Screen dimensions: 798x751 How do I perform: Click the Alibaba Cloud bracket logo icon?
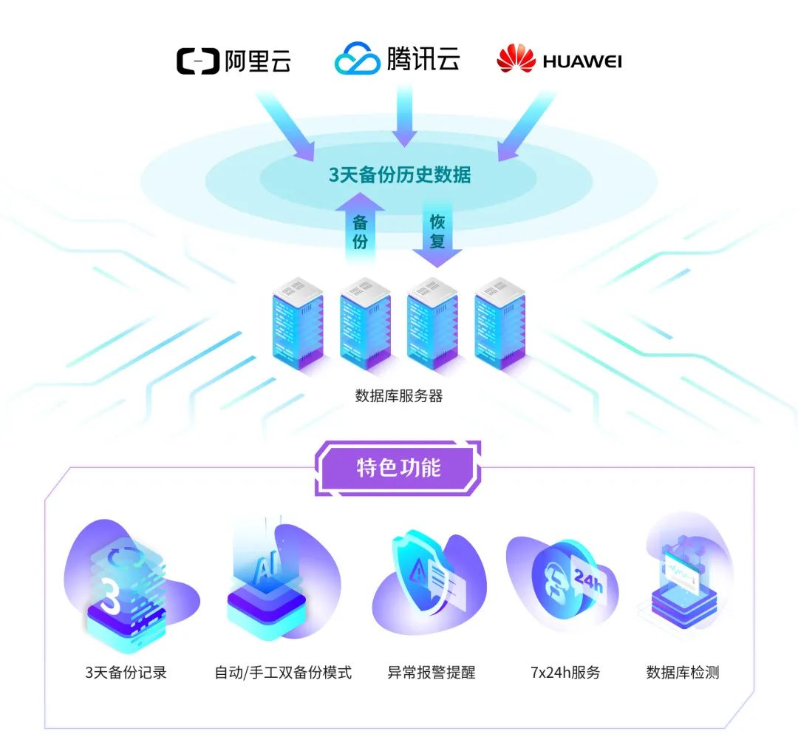pyautogui.click(x=197, y=61)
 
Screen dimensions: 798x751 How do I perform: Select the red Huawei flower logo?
pyautogui.click(x=516, y=58)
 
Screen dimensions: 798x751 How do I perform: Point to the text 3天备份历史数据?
pyautogui.click(x=400, y=174)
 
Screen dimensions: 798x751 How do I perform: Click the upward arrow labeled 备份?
pyautogui.click(x=360, y=228)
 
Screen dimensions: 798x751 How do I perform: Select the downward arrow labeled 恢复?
pyautogui.click(x=437, y=233)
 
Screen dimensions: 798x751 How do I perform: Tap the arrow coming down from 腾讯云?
pyautogui.click(x=405, y=116)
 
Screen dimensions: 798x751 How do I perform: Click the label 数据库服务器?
pyautogui.click(x=399, y=395)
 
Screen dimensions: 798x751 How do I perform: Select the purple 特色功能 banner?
pyautogui.click(x=398, y=468)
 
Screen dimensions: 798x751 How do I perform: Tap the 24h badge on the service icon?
pyautogui.click(x=589, y=580)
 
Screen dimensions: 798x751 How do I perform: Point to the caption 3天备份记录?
pyautogui.click(x=126, y=673)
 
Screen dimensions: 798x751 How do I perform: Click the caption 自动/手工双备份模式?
pyautogui.click(x=283, y=673)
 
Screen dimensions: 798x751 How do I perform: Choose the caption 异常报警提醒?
pyautogui.click(x=432, y=673)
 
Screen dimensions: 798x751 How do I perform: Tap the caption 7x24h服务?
pyautogui.click(x=565, y=673)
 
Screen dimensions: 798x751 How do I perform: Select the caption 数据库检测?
pyautogui.click(x=683, y=673)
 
